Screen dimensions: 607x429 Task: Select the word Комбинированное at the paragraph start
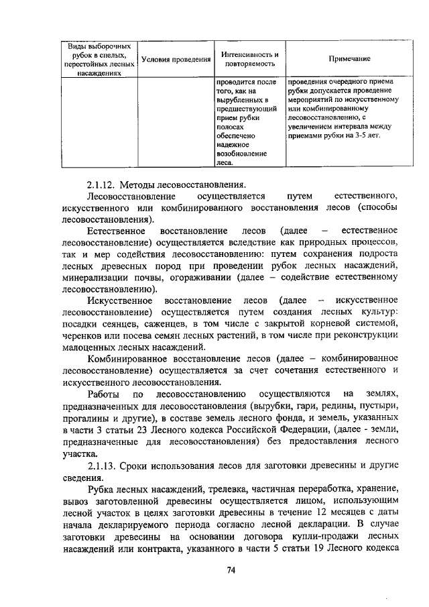[x=127, y=358]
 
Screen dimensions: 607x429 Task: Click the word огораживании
[x=201, y=274]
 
